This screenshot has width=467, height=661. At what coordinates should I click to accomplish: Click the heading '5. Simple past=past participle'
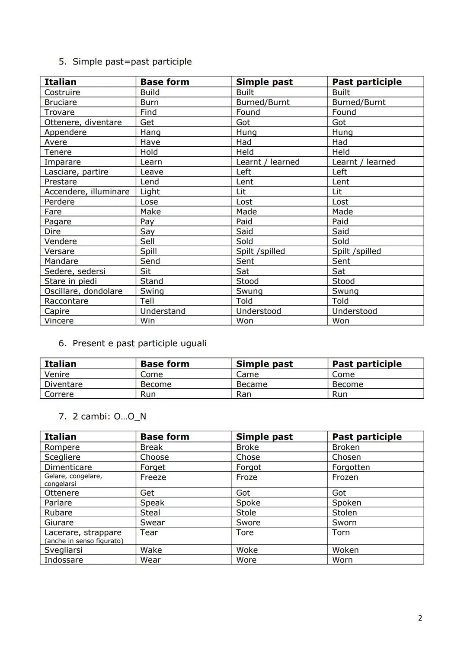(125, 61)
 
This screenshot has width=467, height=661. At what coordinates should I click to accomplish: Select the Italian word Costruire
(62, 92)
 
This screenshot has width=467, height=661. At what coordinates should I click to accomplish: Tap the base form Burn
(149, 102)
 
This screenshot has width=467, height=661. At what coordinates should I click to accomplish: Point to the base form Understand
(163, 311)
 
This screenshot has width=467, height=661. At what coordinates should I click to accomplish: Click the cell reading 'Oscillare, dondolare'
(83, 291)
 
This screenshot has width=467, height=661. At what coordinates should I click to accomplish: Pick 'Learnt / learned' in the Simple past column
(268, 162)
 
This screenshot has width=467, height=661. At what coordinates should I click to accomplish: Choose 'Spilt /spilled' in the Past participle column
(356, 251)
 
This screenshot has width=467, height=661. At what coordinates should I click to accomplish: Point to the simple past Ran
(243, 394)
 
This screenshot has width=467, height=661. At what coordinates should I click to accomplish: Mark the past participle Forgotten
(351, 467)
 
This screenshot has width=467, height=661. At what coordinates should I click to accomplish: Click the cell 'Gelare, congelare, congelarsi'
(73, 480)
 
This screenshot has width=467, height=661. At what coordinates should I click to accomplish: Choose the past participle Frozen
(345, 477)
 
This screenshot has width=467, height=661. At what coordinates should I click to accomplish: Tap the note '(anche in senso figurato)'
(84, 541)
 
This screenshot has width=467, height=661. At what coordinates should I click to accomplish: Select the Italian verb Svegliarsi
(63, 550)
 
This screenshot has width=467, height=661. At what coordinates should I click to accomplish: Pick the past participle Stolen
(344, 513)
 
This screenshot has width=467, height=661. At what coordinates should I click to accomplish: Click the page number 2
(420, 618)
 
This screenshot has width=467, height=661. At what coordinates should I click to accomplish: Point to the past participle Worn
(342, 560)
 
